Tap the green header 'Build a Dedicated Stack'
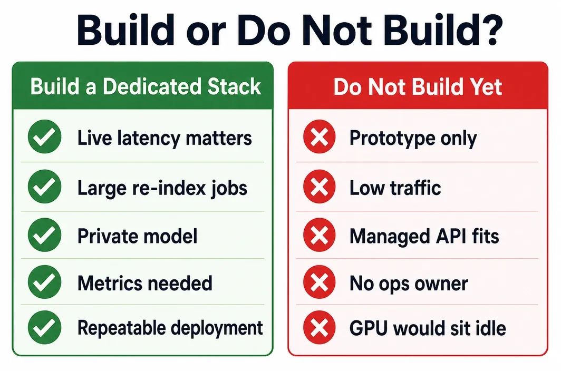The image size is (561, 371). pyautogui.click(x=143, y=86)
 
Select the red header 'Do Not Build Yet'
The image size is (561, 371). pyautogui.click(x=418, y=86)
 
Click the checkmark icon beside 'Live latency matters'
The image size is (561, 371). pyautogui.click(x=45, y=136)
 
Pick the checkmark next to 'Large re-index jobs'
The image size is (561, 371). pyautogui.click(x=45, y=187)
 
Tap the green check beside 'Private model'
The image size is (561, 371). pyautogui.click(x=45, y=235)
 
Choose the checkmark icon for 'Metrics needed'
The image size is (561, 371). pyautogui.click(x=45, y=282)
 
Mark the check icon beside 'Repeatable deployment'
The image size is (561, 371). pyautogui.click(x=45, y=327)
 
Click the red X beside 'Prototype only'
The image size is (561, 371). pyautogui.click(x=319, y=136)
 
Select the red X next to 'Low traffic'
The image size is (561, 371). pyautogui.click(x=319, y=187)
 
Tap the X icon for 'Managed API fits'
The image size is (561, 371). pyautogui.click(x=319, y=235)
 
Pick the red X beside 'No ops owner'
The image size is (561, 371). pyautogui.click(x=319, y=282)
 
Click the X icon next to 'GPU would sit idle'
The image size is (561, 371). pyautogui.click(x=319, y=327)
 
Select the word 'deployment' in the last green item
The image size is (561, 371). pyautogui.click(x=217, y=328)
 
